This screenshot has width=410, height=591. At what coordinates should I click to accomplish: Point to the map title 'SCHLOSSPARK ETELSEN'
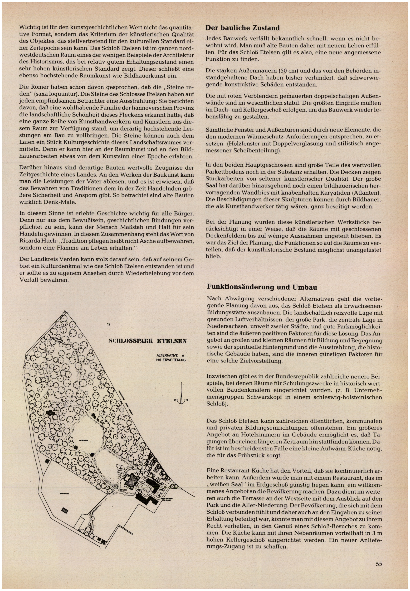pos(148,341)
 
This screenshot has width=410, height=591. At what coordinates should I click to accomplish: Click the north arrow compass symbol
pos(181,400)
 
